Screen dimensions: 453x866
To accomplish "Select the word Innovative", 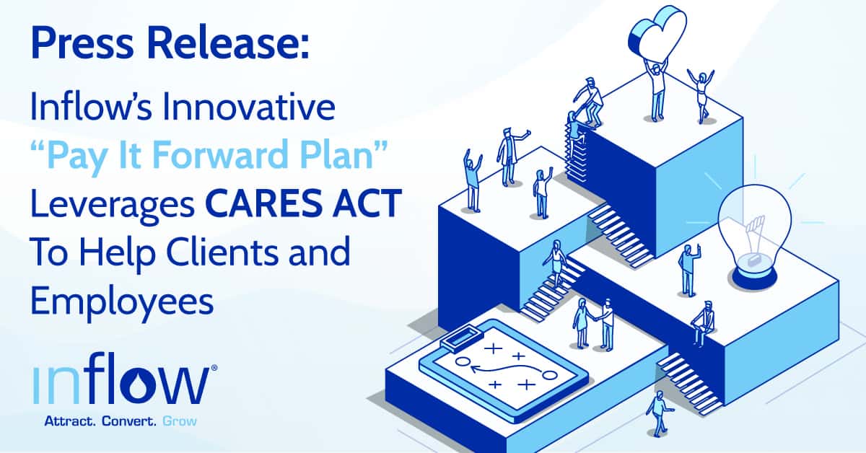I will (246, 107).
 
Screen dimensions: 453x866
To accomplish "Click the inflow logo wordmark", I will (119, 387).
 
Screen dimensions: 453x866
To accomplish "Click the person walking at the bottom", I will (659, 413).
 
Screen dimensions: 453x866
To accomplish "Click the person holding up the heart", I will (657, 90).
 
